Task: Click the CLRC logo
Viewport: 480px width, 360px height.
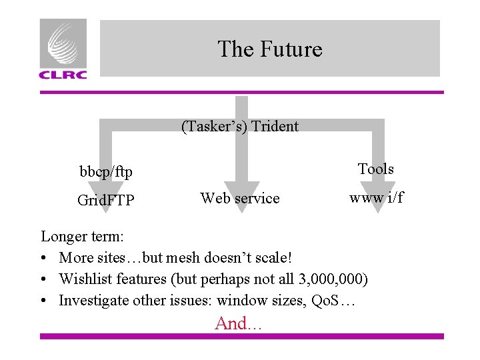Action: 63,49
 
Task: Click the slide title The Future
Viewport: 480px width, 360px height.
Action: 269,49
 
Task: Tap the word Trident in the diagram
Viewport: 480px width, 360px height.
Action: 275,126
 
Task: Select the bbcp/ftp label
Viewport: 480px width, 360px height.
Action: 106,172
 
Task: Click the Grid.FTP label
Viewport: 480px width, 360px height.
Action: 105,199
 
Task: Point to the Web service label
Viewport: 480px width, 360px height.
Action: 240,198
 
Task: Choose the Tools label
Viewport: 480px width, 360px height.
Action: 376,169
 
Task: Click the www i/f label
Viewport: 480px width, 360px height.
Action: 377,198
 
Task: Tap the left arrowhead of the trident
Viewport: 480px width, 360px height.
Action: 106,200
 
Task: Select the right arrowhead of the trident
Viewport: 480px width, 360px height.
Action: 378,200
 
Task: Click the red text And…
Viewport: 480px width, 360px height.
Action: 239,323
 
